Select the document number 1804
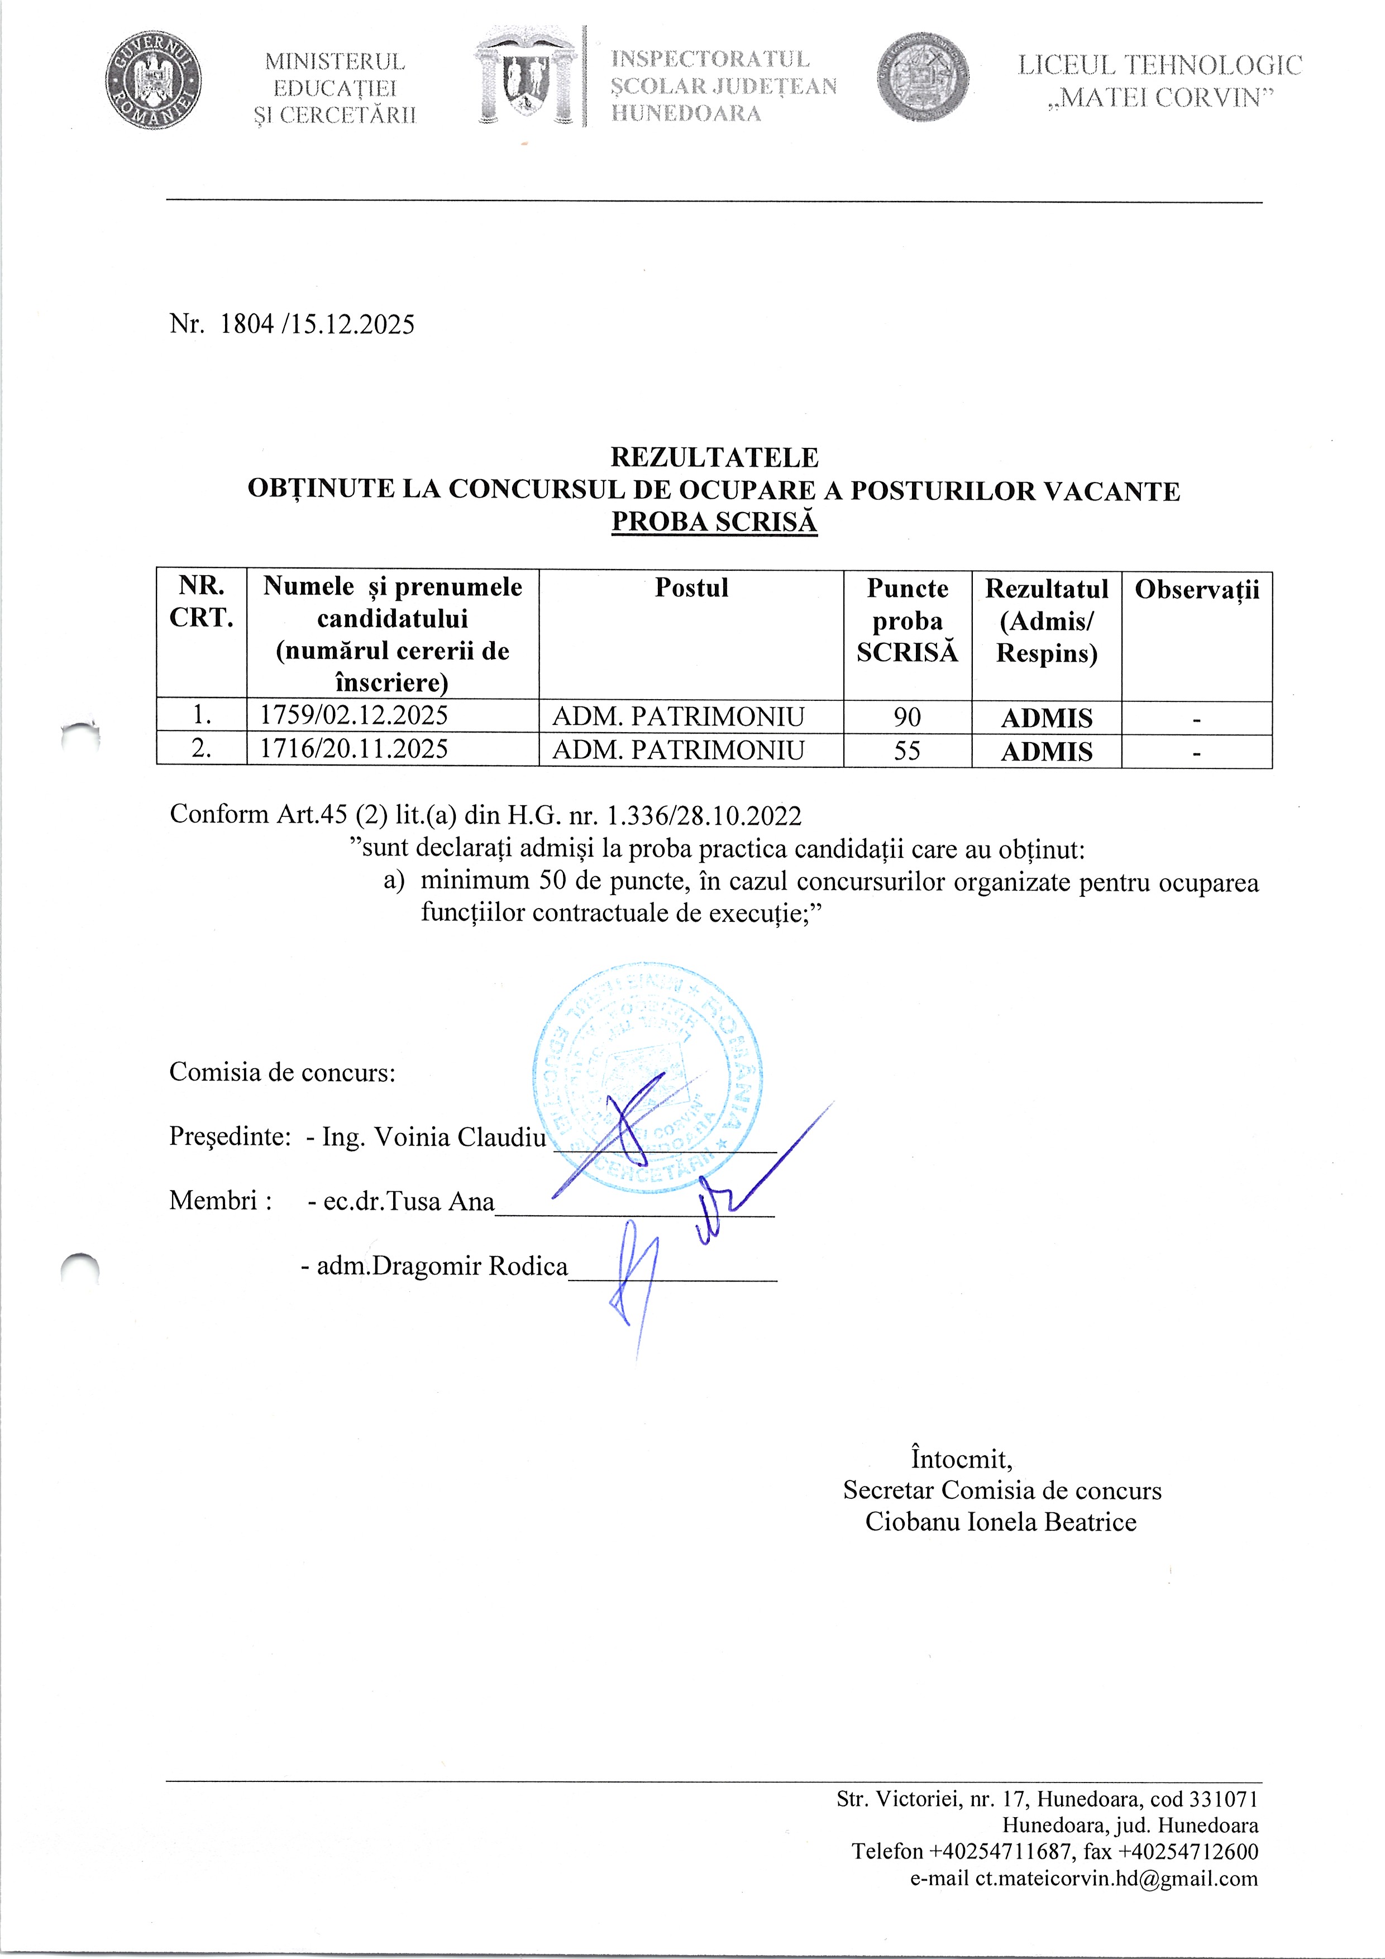click(x=247, y=324)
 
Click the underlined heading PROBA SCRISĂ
click(x=714, y=522)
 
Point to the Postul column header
click(x=691, y=588)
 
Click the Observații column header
click(x=1196, y=590)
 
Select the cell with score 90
click(x=907, y=716)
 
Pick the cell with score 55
click(x=907, y=750)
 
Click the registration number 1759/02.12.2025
click(x=354, y=715)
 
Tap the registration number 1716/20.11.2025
click(x=354, y=749)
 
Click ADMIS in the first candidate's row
click(x=1046, y=718)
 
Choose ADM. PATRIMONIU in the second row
click(x=679, y=750)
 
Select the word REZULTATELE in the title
click(x=714, y=457)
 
